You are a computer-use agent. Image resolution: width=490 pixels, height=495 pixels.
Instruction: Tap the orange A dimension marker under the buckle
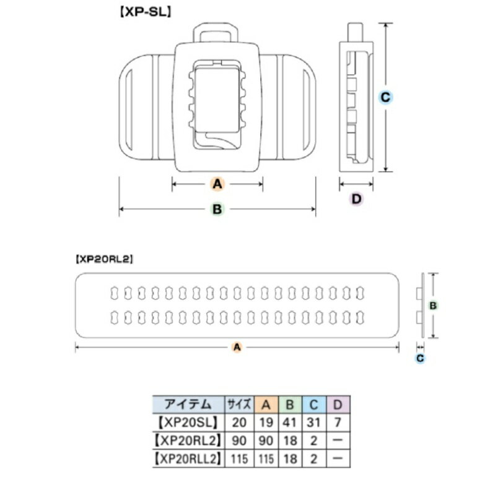(x=217, y=184)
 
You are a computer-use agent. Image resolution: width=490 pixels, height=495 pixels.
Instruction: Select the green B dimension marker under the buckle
(x=217, y=209)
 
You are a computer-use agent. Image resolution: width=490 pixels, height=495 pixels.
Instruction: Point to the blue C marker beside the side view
(x=385, y=97)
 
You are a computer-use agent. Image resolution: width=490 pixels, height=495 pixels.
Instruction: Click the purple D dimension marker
(x=356, y=199)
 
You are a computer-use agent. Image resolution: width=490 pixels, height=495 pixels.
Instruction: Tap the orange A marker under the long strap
(x=236, y=348)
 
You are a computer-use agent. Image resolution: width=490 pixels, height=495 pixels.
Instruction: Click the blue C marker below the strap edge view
(x=420, y=358)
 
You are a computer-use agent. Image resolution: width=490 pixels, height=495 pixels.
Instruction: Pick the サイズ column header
(x=238, y=405)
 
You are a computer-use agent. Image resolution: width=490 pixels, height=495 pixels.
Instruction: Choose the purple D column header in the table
(x=338, y=405)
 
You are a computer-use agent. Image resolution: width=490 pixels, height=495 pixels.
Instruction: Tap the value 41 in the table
(x=289, y=423)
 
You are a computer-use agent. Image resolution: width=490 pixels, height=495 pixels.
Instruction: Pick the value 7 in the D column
(x=338, y=423)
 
